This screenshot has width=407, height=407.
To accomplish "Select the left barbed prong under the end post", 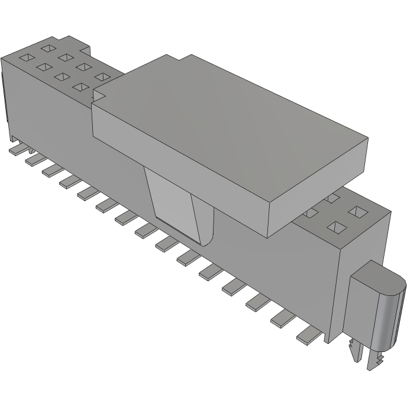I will coord(355,351).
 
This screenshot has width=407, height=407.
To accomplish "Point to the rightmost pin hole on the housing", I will coord(357,211).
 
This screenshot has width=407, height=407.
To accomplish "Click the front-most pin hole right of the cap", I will coord(337,227).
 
